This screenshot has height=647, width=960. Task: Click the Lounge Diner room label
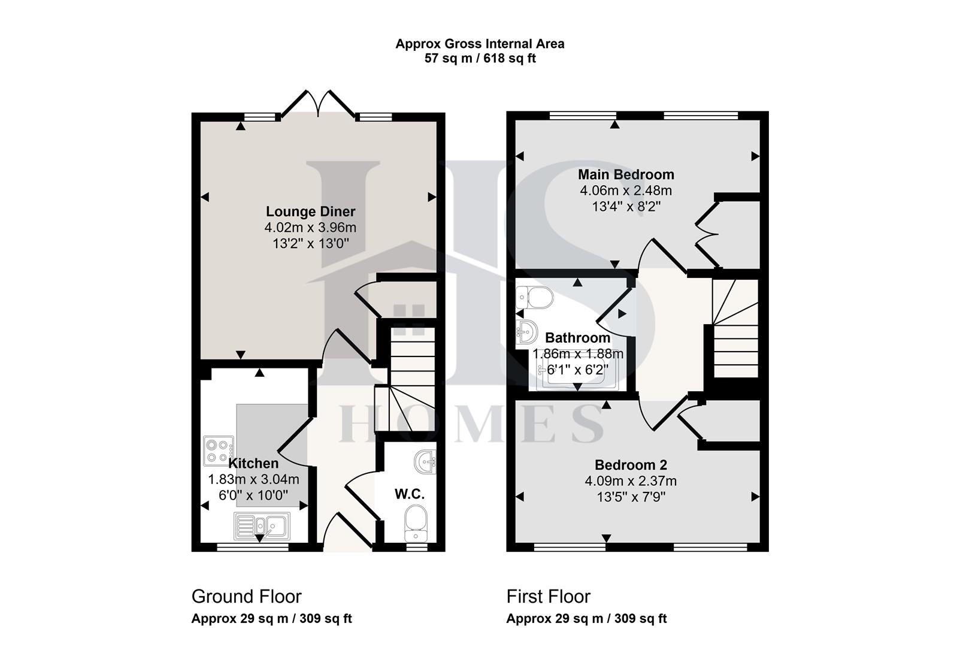click(x=310, y=211)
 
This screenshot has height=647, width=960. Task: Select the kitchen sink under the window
click(x=262, y=527)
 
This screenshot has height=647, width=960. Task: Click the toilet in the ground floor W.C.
click(x=416, y=519)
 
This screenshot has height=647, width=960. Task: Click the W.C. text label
click(x=410, y=494)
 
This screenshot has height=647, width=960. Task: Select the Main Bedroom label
click(x=626, y=174)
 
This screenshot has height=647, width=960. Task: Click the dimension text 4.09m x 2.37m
click(x=631, y=480)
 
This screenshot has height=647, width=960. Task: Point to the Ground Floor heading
click(x=246, y=596)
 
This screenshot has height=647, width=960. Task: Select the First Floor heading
click(x=548, y=596)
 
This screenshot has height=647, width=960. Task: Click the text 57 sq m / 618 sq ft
click(x=480, y=59)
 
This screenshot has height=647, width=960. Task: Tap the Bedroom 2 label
click(x=631, y=465)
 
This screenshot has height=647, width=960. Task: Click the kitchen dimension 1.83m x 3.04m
click(x=253, y=479)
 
